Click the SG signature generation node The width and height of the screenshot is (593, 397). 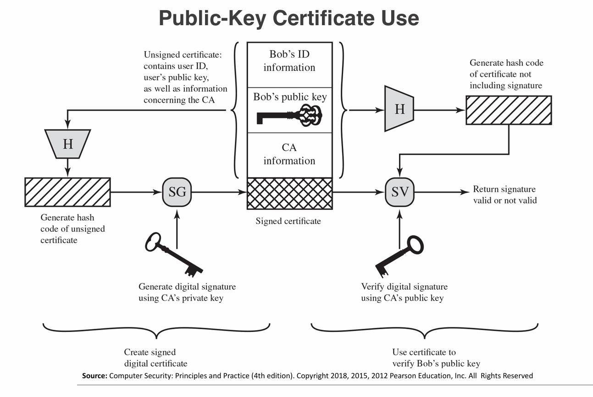[177, 192]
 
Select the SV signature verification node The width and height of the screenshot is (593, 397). [400, 192]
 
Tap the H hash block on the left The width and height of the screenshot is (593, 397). [68, 144]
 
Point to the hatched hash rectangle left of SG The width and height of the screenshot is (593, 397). [67, 192]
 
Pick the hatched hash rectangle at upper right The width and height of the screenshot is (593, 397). [509, 110]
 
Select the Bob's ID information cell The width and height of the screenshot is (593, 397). [289, 61]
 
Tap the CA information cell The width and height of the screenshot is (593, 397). [289, 154]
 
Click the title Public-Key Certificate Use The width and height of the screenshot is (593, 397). [289, 18]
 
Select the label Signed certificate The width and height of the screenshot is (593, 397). [288, 222]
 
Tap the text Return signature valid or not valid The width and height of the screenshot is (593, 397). [504, 195]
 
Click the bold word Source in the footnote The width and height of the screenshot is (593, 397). [94, 376]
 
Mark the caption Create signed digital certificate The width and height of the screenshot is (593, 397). [155, 358]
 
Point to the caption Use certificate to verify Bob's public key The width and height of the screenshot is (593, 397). [436, 358]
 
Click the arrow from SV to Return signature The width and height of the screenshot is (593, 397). [440, 193]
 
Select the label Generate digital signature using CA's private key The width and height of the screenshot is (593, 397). [187, 293]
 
